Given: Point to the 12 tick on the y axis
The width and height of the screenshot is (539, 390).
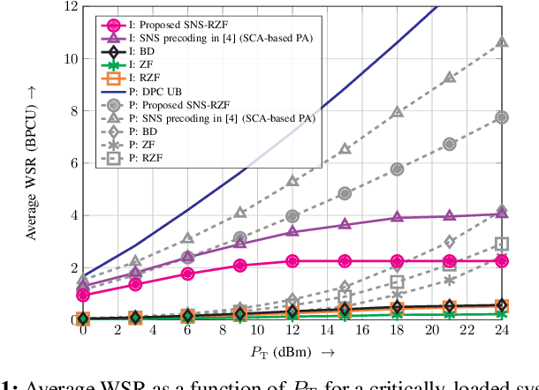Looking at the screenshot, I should click(67, 7).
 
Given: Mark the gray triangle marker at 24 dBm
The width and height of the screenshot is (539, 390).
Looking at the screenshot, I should click(501, 42).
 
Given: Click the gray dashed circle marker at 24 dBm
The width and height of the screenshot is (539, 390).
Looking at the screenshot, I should click(501, 117).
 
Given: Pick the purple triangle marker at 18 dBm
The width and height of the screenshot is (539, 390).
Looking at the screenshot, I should click(397, 217).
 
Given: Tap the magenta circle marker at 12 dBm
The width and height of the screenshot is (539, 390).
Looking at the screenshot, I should click(292, 260).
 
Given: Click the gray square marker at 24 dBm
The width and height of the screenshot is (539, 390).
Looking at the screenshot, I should click(501, 244).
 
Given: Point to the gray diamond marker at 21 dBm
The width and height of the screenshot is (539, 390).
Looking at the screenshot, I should click(449, 242).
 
